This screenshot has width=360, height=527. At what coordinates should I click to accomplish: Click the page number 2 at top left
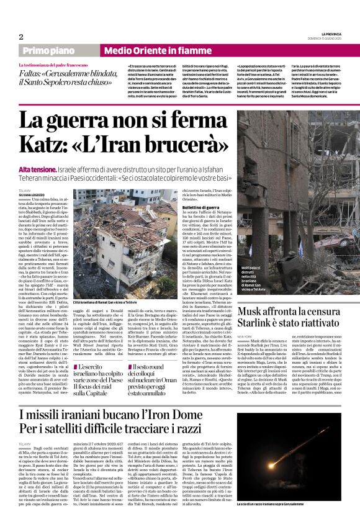point(20,37)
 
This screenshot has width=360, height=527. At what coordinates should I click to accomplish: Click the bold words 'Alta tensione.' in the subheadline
point(37,169)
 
